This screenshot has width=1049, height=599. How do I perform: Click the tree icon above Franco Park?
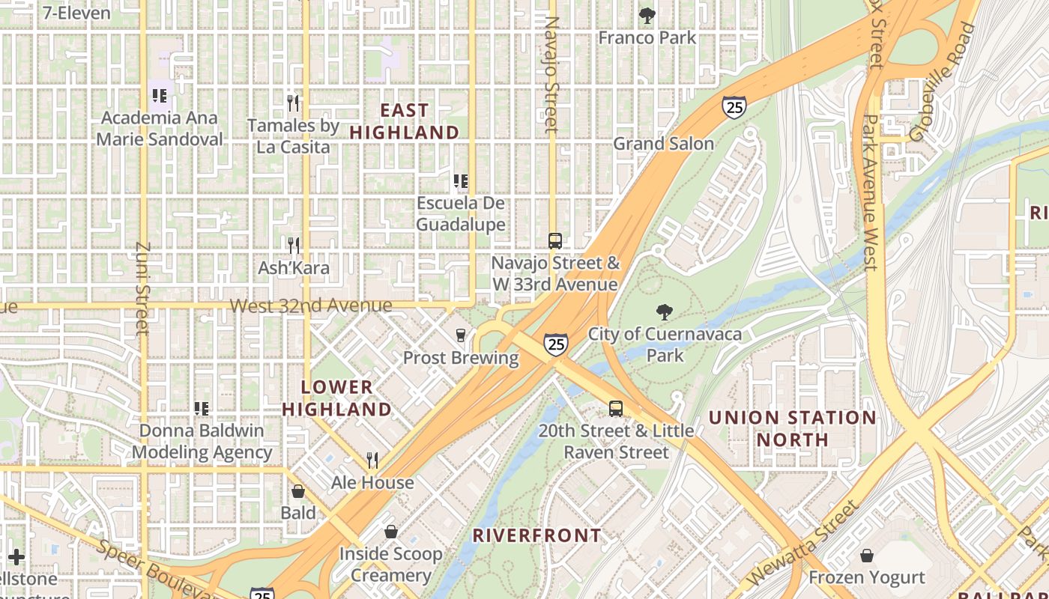647,15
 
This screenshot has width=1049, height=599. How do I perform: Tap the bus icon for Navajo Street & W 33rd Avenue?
554,241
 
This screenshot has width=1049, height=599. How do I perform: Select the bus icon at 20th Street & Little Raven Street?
615,409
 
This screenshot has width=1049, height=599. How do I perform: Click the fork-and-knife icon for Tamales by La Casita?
293,103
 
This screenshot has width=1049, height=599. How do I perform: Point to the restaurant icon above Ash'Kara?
293,246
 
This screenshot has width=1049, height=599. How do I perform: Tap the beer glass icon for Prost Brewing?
461,335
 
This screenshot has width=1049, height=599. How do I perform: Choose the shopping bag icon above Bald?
298,492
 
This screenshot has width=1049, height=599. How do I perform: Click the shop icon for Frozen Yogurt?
867,556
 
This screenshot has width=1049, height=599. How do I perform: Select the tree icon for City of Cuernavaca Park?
664,312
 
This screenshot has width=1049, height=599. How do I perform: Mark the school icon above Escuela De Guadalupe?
461,181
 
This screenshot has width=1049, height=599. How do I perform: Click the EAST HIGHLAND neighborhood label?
405,121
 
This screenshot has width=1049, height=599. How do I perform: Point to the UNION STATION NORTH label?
792,428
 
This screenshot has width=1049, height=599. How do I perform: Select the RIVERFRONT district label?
537,535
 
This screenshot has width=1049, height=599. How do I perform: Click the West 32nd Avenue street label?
310,305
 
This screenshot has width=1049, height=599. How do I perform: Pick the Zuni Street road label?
143,288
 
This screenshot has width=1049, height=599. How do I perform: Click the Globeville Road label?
943,82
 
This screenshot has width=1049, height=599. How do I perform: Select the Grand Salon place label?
663,144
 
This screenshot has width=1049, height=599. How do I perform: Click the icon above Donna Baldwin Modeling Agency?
201,409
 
